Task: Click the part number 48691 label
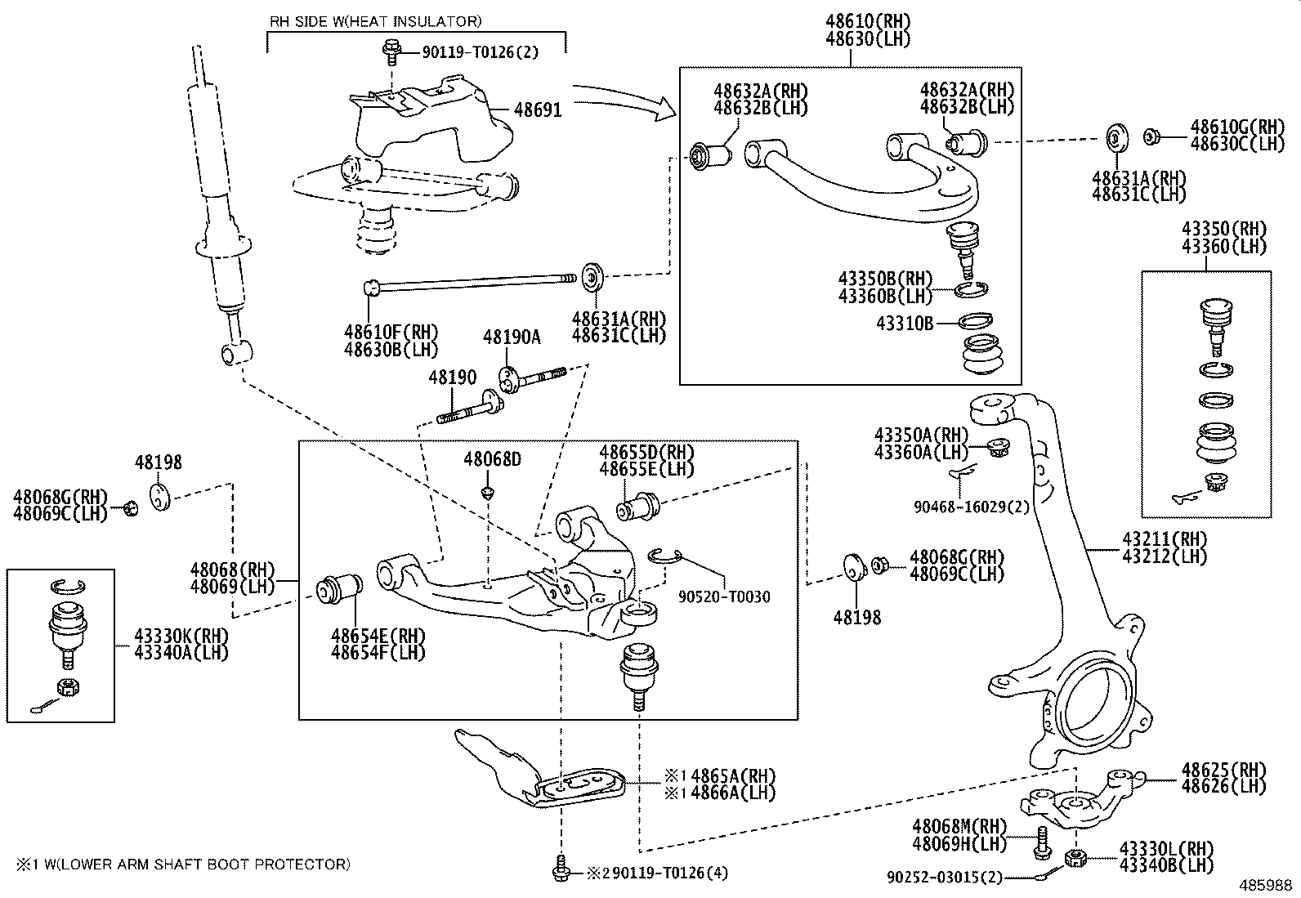tap(538, 109)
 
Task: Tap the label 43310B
tap(905, 324)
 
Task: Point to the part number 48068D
tap(492, 459)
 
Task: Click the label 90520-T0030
tap(724, 597)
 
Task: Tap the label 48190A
tap(512, 337)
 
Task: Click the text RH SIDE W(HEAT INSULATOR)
tap(375, 21)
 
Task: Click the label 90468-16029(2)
tap(972, 507)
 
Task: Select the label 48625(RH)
tap(1223, 770)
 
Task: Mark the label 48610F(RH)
tap(391, 333)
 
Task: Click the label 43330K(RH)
tap(181, 635)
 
